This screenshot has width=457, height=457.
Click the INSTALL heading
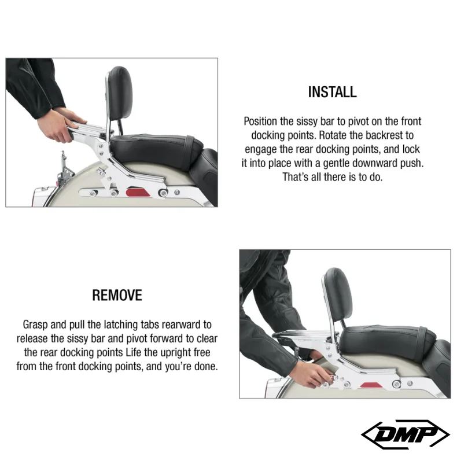tap(332, 92)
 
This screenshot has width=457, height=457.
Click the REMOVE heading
tap(117, 295)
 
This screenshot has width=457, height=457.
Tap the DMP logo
tap(405, 434)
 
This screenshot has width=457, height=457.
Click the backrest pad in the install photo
tap(120, 93)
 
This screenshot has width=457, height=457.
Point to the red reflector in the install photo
tap(138, 193)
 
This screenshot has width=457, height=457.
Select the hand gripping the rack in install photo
tap(60, 126)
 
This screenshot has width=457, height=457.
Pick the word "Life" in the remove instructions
tap(133, 352)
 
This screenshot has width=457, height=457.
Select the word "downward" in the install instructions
tap(374, 163)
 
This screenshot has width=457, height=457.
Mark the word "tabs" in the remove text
tap(150, 325)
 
